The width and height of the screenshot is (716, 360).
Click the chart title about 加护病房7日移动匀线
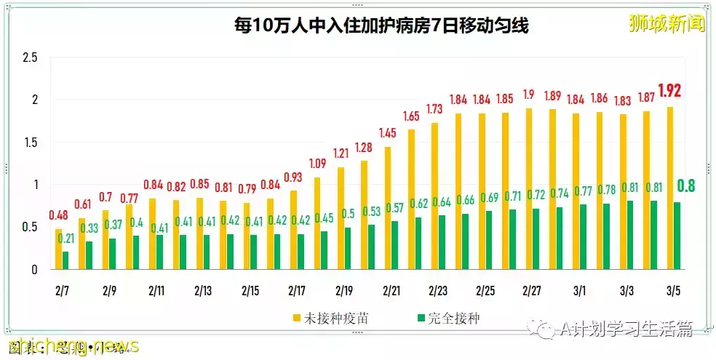click(x=370, y=27)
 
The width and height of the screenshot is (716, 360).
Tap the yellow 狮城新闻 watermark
click(x=667, y=23)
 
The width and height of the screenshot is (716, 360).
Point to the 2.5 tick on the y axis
click(x=30, y=57)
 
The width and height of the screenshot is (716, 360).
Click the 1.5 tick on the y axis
click(x=30, y=143)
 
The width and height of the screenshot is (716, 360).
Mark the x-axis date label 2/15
click(x=250, y=291)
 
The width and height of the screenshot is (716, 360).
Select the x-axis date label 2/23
click(x=438, y=291)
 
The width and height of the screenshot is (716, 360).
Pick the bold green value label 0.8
click(x=685, y=186)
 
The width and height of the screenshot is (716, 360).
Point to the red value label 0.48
click(x=59, y=215)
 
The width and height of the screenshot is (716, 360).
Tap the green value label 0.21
click(x=66, y=239)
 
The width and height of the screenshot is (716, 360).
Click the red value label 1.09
click(x=318, y=164)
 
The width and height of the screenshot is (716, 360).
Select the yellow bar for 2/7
click(x=58, y=249)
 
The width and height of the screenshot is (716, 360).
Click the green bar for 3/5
click(x=677, y=236)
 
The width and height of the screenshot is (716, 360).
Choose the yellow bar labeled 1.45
click(x=388, y=208)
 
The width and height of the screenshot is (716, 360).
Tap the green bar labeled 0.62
click(x=418, y=243)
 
